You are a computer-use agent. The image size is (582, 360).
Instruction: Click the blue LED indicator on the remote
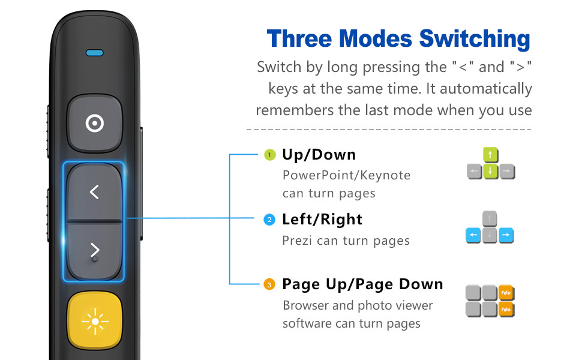(x=94, y=53)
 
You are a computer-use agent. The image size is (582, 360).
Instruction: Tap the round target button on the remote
(x=94, y=124)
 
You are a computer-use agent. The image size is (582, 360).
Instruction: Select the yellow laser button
(x=95, y=322)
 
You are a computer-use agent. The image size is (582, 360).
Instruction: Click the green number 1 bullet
(x=270, y=155)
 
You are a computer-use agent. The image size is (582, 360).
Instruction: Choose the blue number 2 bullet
(x=270, y=220)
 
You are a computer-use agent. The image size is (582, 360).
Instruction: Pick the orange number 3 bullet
(x=270, y=284)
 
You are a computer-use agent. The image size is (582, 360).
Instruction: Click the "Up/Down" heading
(x=319, y=155)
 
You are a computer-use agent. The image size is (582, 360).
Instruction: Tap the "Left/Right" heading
(x=322, y=220)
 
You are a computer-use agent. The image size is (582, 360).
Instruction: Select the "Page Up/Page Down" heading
(x=362, y=284)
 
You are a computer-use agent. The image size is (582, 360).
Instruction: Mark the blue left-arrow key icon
(x=474, y=236)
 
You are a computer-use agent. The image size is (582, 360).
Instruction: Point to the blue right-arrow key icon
(x=506, y=236)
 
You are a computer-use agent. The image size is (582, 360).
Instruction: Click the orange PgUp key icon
(x=507, y=293)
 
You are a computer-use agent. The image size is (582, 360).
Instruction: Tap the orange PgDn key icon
(x=507, y=309)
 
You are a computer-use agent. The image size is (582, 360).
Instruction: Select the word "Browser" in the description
(x=305, y=305)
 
